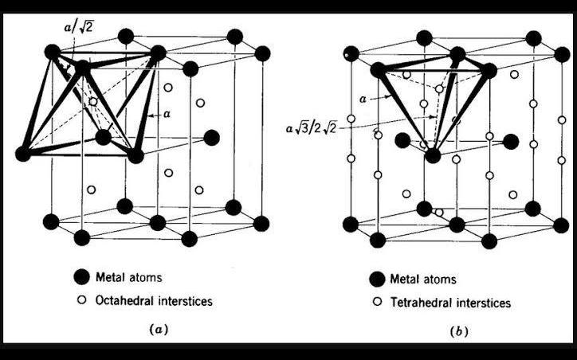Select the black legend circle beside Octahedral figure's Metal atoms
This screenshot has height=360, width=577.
point(80,276)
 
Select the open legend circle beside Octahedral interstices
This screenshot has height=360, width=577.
point(80,301)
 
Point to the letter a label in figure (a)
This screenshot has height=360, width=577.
point(167,115)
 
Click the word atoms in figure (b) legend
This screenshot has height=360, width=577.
point(438,279)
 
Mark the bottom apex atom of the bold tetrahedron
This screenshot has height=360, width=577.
point(432,156)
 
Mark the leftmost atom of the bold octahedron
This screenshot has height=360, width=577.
point(23,153)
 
